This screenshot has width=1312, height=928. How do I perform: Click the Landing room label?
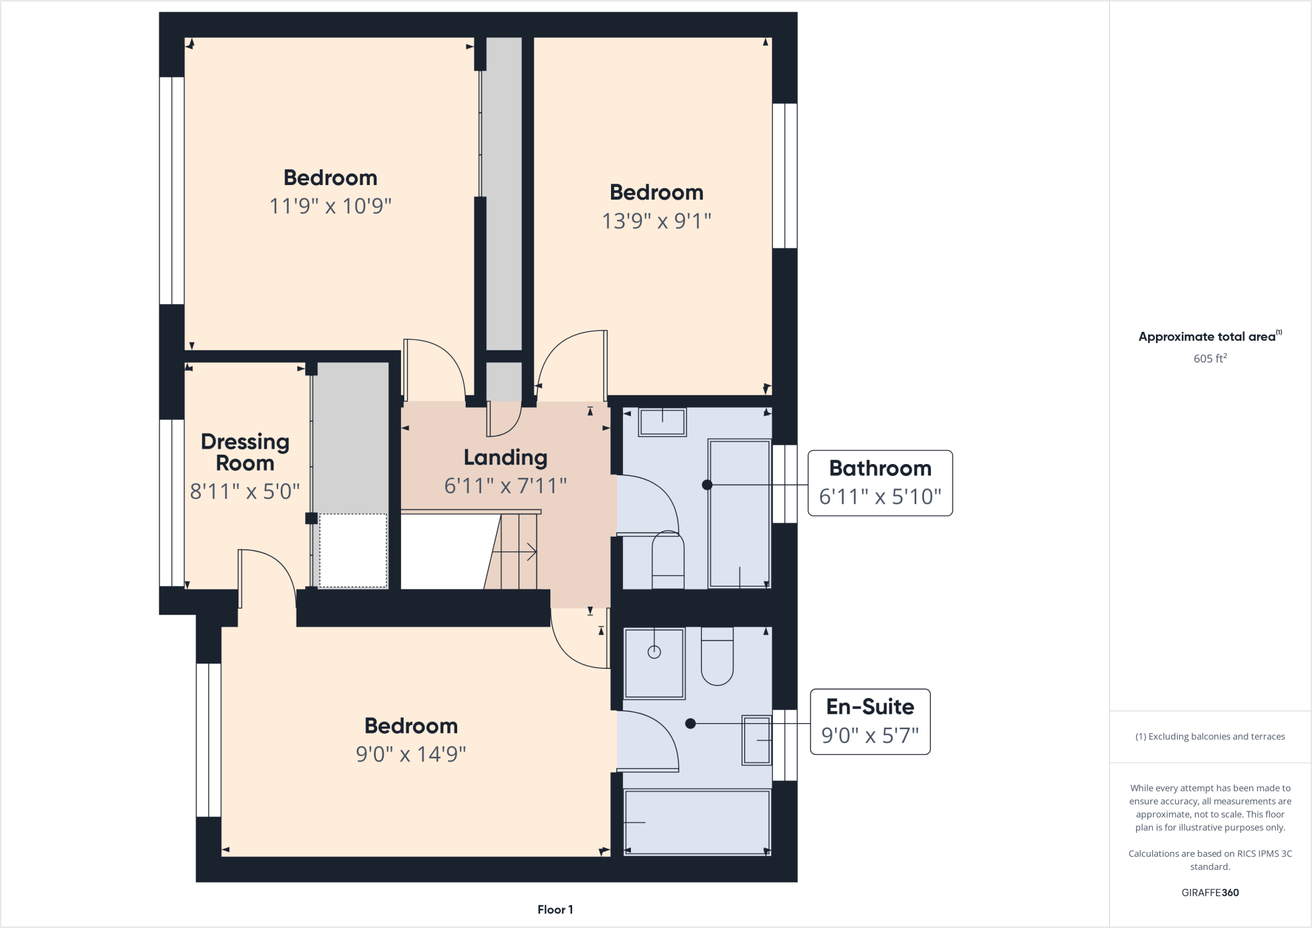pos(505,457)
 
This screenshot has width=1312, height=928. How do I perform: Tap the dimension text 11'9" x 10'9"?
pos(330,206)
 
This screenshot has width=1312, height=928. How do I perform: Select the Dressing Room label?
pos(245,452)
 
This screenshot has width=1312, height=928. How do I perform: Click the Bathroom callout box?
pos(880,483)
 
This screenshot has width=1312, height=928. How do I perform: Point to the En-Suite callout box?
pos(870,722)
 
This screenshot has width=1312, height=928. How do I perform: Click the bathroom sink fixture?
pos(662,422)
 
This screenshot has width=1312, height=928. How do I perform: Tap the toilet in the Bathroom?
pos(668,561)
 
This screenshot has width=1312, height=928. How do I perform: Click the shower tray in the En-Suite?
pos(654,663)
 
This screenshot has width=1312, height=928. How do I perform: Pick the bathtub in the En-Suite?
pos(697,822)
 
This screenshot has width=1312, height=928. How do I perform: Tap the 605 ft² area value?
pos(1210,358)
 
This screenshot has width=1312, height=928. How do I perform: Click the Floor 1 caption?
pos(555,909)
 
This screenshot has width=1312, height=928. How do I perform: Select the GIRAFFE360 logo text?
pos(1210,892)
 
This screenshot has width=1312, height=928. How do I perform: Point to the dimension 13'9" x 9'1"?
pos(656,221)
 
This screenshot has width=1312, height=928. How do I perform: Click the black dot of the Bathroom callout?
pos(707,485)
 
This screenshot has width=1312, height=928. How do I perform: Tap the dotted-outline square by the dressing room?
pos(353,551)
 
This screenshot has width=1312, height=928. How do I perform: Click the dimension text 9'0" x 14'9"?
pos(411,754)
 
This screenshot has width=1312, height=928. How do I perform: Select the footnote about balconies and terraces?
pos(1210,736)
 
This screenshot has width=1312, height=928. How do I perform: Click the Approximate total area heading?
pos(1206,336)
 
